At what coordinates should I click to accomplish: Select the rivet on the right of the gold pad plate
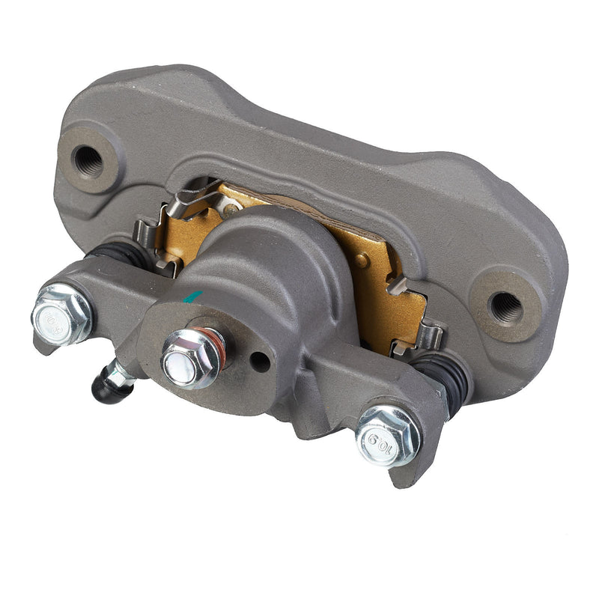(362, 261)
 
